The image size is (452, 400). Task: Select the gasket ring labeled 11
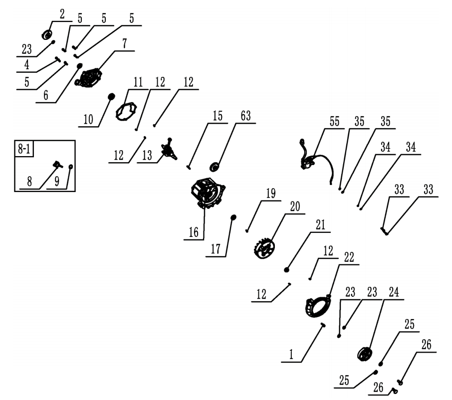click(126, 110)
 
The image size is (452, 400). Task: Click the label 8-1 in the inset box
click(24, 149)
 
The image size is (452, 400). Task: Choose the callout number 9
click(57, 183)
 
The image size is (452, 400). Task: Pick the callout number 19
click(271, 194)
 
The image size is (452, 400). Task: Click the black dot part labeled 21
click(287, 269)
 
